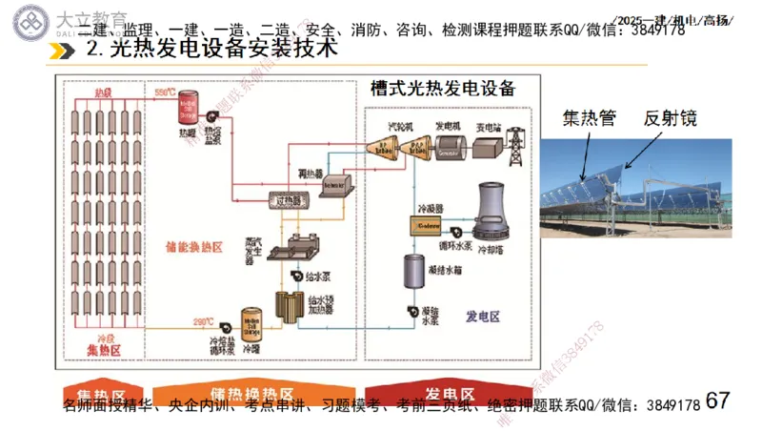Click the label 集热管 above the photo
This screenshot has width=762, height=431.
(589, 119)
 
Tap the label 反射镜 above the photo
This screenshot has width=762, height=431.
(670, 119)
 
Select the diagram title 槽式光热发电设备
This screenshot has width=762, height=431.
(443, 90)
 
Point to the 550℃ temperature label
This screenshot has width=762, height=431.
(166, 92)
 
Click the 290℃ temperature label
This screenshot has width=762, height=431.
(203, 320)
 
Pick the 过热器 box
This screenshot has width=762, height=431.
(286, 200)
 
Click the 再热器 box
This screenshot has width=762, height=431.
(335, 188)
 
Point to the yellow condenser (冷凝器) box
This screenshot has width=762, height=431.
(426, 224)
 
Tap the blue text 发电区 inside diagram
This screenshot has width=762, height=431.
(483, 316)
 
